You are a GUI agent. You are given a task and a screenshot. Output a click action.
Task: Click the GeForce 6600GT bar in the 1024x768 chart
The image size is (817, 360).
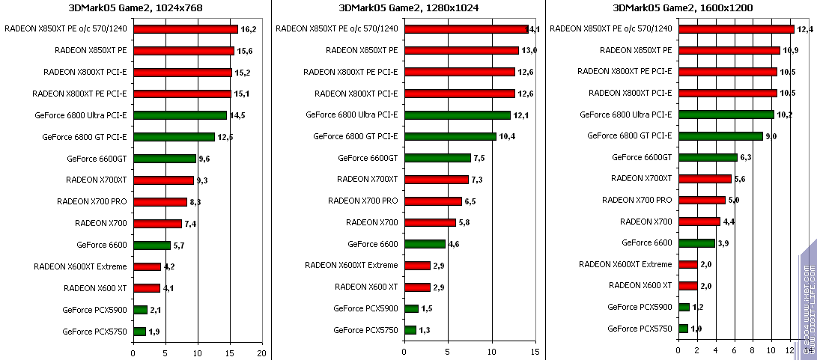tap(164, 159)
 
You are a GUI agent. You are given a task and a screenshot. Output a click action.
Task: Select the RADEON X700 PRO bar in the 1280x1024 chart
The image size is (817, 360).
tap(433, 201)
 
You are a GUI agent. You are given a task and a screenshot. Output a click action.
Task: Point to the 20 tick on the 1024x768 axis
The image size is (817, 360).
tap(261, 353)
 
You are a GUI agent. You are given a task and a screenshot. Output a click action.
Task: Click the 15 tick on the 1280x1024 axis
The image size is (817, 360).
tap(535, 353)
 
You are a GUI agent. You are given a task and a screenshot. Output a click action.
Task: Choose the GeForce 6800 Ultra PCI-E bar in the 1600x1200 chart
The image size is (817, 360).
tap(726, 115)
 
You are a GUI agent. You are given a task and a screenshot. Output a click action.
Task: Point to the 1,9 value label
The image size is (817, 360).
tap(155, 332)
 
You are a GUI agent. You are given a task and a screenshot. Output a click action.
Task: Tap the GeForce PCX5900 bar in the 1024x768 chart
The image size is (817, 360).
tap(140, 310)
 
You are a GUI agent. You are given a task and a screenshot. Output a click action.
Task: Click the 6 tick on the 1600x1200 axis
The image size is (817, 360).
tap(735, 353)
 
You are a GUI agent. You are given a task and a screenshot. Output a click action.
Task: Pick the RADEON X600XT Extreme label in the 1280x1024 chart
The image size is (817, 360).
tap(351, 266)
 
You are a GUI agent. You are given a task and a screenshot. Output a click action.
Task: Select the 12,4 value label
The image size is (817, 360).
tap(806, 29)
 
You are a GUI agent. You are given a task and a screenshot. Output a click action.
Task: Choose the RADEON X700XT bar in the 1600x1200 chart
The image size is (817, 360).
tap(705, 179)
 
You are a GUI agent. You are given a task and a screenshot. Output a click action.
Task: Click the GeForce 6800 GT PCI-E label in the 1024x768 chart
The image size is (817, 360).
tap(81, 137)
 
